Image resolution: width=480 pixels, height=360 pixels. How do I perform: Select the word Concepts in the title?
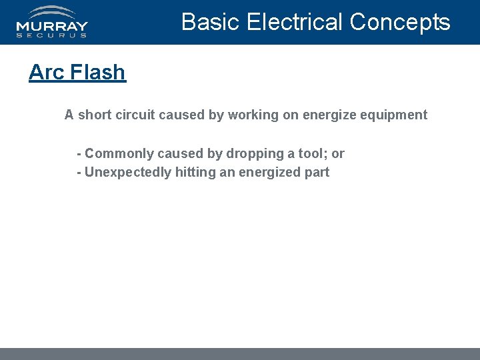(400, 22)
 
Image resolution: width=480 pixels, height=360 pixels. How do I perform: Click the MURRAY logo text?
(52, 27)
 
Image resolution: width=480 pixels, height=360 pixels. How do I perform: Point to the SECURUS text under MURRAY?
(52, 35)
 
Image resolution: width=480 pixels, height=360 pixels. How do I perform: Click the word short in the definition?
(95, 115)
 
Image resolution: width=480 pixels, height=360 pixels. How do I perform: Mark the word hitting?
(193, 172)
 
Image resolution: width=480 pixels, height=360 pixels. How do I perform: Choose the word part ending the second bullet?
(317, 172)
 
